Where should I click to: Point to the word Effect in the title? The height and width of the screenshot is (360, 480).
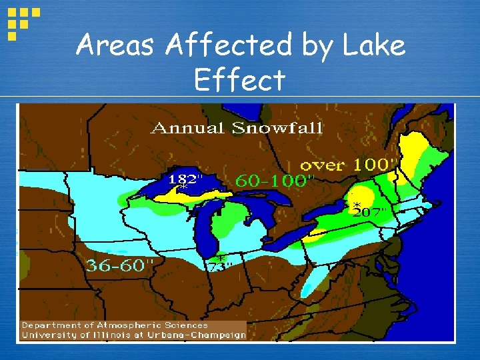(x=239, y=81)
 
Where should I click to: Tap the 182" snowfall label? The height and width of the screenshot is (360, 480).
(x=185, y=179)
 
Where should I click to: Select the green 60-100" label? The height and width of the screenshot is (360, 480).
(x=274, y=181)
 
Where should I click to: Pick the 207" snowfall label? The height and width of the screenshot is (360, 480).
(x=371, y=212)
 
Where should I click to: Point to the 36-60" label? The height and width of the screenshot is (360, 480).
(x=120, y=265)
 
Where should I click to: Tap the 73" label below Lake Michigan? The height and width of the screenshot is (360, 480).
(x=219, y=266)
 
